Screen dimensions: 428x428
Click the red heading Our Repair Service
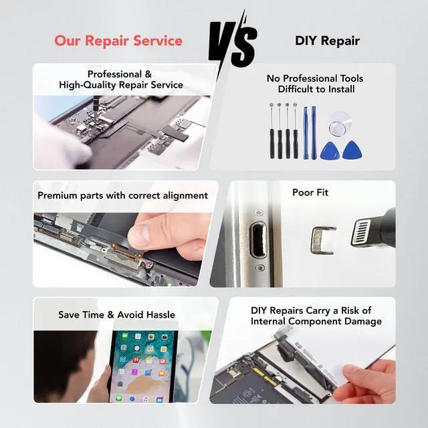point(118,41)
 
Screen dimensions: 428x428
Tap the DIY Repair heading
point(327,41)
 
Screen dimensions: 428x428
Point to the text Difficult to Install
point(316,89)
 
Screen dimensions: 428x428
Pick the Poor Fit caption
point(310,193)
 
